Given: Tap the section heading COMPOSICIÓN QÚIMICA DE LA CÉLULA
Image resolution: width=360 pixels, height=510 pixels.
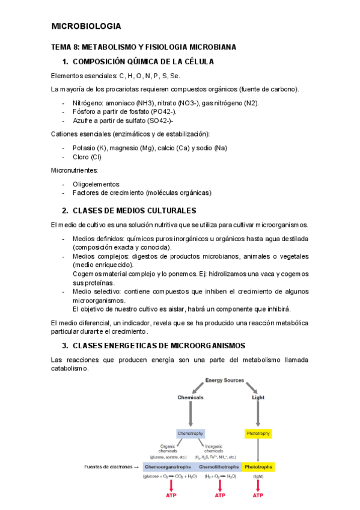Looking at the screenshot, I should (143, 62).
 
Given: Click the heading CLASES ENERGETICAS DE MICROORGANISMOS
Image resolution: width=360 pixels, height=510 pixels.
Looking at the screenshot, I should (150, 346).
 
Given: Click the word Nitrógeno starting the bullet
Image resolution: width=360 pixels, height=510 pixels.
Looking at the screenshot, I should (88, 103).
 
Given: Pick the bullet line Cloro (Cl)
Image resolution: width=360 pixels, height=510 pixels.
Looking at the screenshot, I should (87, 157).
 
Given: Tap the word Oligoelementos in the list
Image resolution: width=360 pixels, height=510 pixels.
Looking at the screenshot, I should (96, 184).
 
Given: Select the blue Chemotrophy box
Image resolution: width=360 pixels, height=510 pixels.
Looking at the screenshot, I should (191, 433).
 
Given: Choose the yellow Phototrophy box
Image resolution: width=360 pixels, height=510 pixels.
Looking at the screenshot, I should (258, 433).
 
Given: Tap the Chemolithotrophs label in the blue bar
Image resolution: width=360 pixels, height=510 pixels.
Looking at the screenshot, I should (219, 466).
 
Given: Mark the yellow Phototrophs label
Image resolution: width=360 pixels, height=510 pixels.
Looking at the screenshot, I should (258, 466).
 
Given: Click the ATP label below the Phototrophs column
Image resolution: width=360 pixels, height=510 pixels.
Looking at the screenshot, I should (258, 496).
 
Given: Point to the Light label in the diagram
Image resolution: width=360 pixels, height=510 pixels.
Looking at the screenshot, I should (258, 398).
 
